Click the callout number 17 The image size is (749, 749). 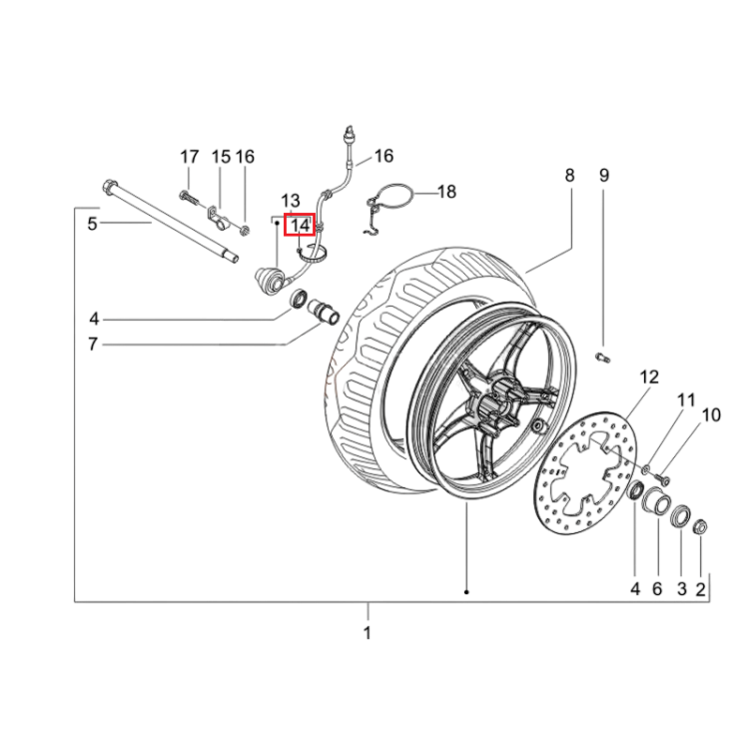(189, 157)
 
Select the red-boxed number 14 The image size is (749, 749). (300, 225)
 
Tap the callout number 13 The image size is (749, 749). (290, 201)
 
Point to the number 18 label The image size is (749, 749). (446, 192)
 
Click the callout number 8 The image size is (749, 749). (569, 176)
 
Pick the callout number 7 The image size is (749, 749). (93, 344)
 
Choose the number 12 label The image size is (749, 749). (649, 377)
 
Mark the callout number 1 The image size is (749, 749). (367, 633)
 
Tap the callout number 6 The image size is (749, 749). (657, 589)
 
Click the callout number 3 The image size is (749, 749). (682, 589)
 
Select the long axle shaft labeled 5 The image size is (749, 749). (171, 221)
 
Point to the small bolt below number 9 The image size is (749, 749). (603, 357)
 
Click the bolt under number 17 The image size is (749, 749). (189, 197)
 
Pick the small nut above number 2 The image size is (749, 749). (700, 526)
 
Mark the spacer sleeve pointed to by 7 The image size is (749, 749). (324, 311)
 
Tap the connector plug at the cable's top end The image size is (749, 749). (351, 134)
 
